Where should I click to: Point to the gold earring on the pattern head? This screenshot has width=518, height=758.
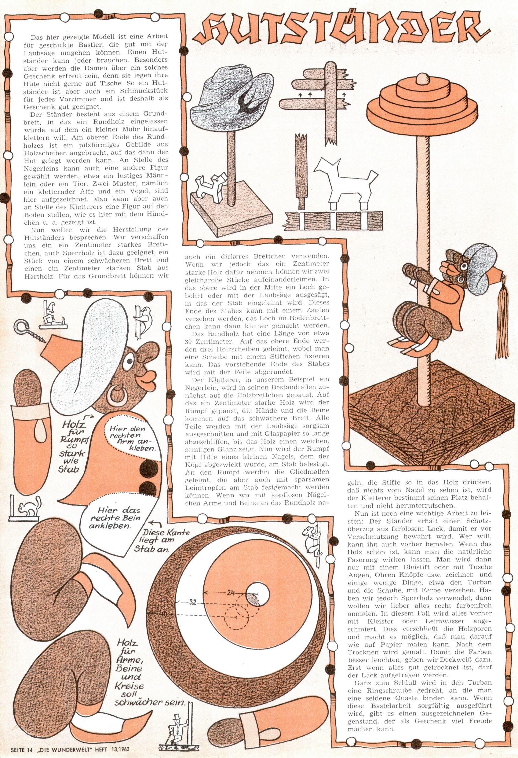tap(118, 396)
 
